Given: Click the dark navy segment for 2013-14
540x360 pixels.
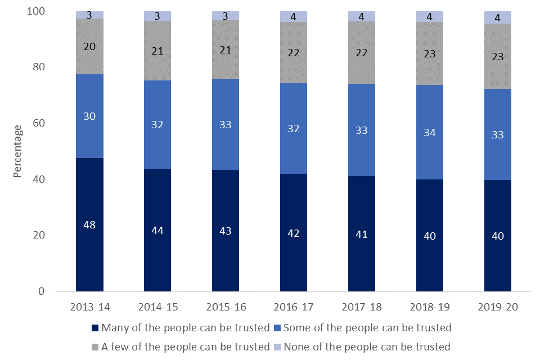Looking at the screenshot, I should (89, 253).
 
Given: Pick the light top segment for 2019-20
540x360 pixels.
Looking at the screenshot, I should (498, 17).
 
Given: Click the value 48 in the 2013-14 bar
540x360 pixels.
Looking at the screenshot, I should (89, 224).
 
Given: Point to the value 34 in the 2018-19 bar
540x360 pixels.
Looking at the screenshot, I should (430, 132).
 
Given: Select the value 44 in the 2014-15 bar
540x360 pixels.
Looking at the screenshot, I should (157, 230).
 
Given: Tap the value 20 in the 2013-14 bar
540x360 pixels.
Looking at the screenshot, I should (89, 47).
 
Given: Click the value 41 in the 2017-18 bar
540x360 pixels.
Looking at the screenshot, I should (362, 234).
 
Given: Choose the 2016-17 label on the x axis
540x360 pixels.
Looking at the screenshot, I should (294, 307).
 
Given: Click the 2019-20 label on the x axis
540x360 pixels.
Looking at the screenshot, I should (498, 307).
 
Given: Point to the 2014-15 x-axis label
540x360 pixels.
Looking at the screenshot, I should (157, 307).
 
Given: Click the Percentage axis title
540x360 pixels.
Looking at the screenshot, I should (18, 151).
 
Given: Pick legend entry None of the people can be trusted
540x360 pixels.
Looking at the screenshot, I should (366, 346).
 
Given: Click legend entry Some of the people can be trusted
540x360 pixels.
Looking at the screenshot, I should (366, 327).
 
